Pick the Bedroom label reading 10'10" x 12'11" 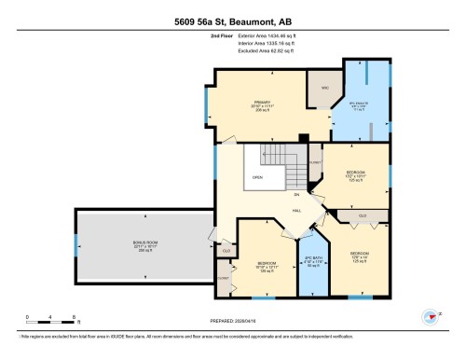(x=268, y=268)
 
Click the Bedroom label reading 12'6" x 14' (x=360, y=256)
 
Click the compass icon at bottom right (x=430, y=317)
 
